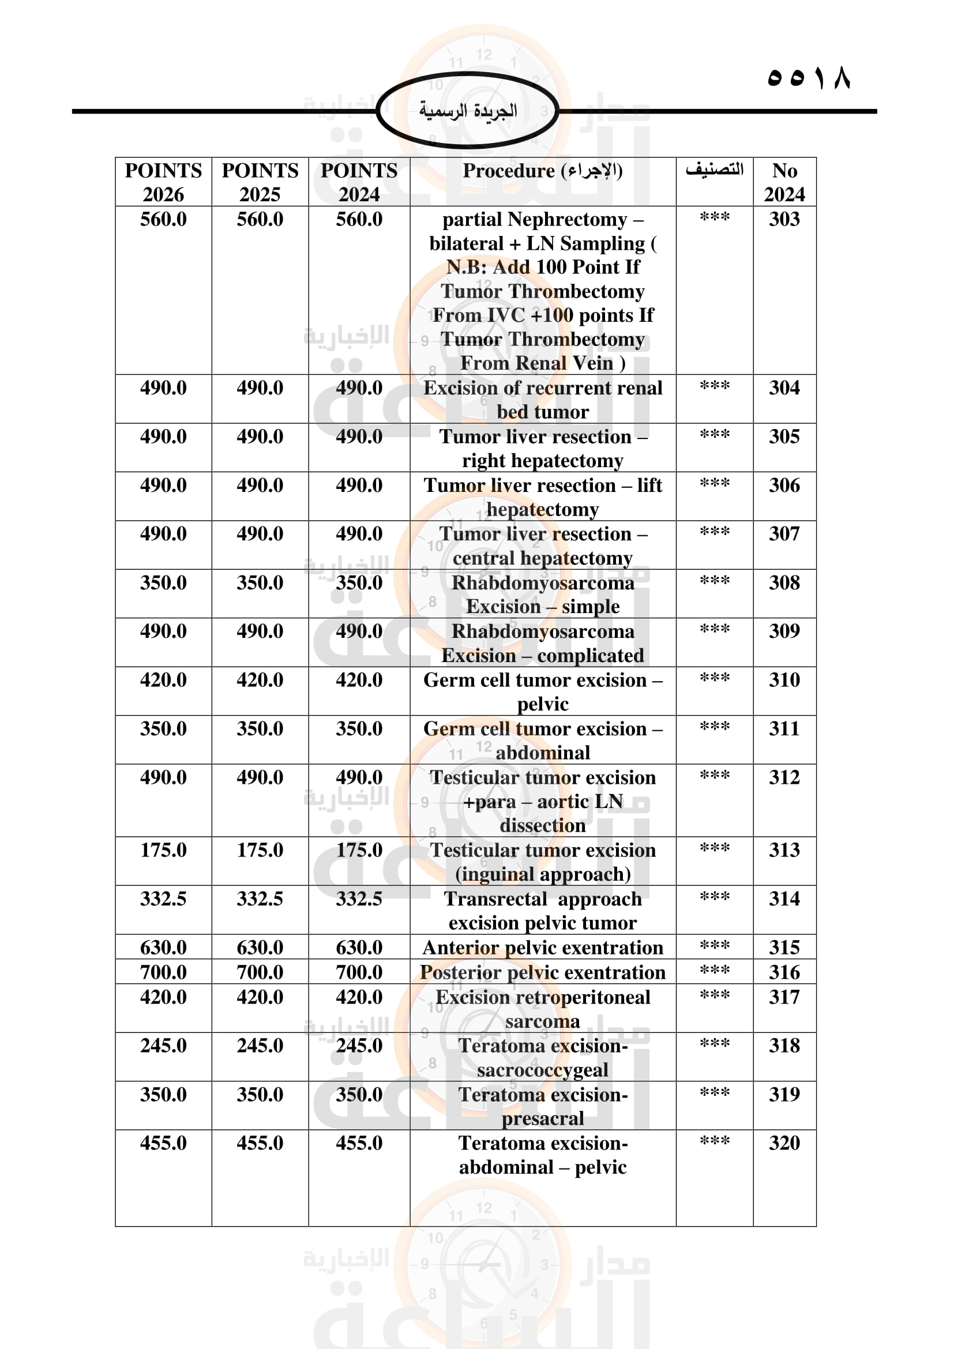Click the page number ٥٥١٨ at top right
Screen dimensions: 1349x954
(808, 77)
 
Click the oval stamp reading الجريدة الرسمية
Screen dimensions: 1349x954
(468, 111)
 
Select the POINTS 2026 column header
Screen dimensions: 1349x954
(163, 182)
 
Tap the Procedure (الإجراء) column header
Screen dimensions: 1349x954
(542, 171)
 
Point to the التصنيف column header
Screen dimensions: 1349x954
(713, 170)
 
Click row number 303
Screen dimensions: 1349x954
(784, 219)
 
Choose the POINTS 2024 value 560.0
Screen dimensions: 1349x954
(359, 220)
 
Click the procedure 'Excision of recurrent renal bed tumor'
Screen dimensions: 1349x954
(542, 400)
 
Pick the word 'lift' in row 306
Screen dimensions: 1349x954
(649, 485)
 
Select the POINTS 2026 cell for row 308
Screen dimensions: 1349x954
(163, 583)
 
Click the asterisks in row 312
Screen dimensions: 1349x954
(714, 776)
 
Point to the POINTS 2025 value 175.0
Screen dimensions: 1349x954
(260, 850)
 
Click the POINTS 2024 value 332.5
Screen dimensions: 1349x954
(359, 899)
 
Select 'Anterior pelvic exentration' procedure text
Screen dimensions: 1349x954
(542, 948)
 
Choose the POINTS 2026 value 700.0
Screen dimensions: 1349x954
(163, 972)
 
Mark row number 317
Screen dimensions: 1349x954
(784, 997)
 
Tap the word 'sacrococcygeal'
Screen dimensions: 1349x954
(542, 1070)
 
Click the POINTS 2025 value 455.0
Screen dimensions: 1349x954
(260, 1143)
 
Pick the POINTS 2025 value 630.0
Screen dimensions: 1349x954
(260, 948)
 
